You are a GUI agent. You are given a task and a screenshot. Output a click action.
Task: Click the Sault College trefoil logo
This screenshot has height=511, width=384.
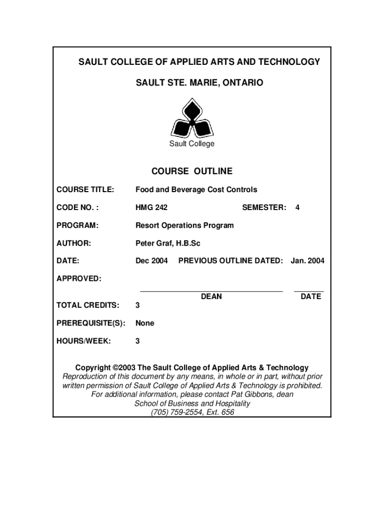point(192,118)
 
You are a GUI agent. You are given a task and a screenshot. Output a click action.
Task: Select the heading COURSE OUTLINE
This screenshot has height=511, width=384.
point(192,172)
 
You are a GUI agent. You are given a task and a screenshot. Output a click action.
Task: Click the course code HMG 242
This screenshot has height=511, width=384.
point(152,208)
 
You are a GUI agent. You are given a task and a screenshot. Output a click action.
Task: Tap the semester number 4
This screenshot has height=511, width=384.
point(297,208)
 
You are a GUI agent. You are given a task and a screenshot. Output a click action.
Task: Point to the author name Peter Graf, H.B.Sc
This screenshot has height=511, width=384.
point(168,244)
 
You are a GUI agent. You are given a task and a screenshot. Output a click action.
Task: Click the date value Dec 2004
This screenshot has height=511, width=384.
point(152,261)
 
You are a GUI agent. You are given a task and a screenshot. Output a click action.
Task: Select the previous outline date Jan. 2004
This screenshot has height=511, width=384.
point(307,261)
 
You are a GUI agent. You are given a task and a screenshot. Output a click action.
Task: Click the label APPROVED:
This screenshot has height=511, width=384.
point(79,278)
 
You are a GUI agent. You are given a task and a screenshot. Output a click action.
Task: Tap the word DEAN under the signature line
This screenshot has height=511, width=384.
point(211,297)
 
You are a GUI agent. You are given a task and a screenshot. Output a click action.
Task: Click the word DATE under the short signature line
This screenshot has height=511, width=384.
point(311,297)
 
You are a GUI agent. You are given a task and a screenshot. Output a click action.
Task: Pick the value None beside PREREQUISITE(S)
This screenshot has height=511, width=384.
point(145,323)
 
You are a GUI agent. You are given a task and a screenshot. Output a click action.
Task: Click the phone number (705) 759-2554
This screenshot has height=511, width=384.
point(177,413)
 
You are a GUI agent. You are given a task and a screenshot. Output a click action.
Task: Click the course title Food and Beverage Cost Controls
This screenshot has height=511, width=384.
point(196,190)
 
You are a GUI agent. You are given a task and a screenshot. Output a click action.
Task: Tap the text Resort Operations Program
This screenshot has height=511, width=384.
point(185,226)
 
